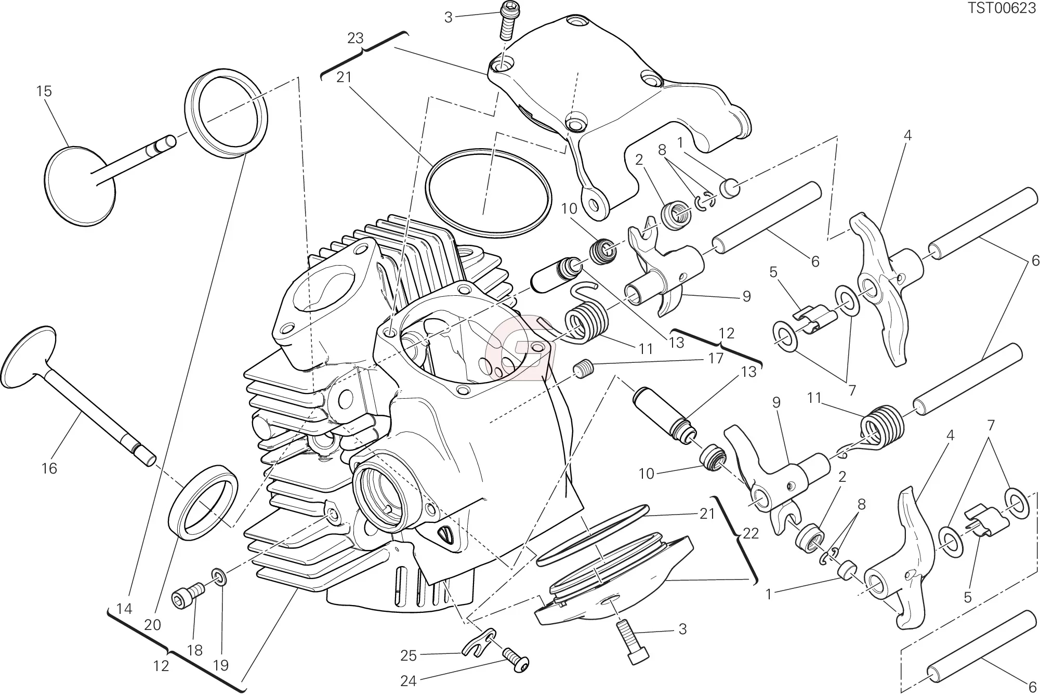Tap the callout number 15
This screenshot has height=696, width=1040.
pyautogui.click(x=44, y=91)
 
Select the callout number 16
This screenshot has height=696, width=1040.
pyautogui.click(x=49, y=468)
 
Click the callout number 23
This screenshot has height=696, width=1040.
pyautogui.click(x=356, y=38)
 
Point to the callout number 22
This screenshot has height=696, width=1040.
pyautogui.click(x=751, y=533)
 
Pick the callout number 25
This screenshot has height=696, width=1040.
pyautogui.click(x=409, y=656)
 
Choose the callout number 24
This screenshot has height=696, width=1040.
pyautogui.click(x=409, y=680)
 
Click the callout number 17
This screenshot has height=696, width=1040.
pyautogui.click(x=716, y=358)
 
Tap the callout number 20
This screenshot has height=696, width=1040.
pyautogui.click(x=152, y=625)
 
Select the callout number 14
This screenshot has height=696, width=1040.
pyautogui.click(x=125, y=609)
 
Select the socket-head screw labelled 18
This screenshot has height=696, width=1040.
pyautogui.click(x=188, y=595)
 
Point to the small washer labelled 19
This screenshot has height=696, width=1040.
pyautogui.click(x=218, y=576)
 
